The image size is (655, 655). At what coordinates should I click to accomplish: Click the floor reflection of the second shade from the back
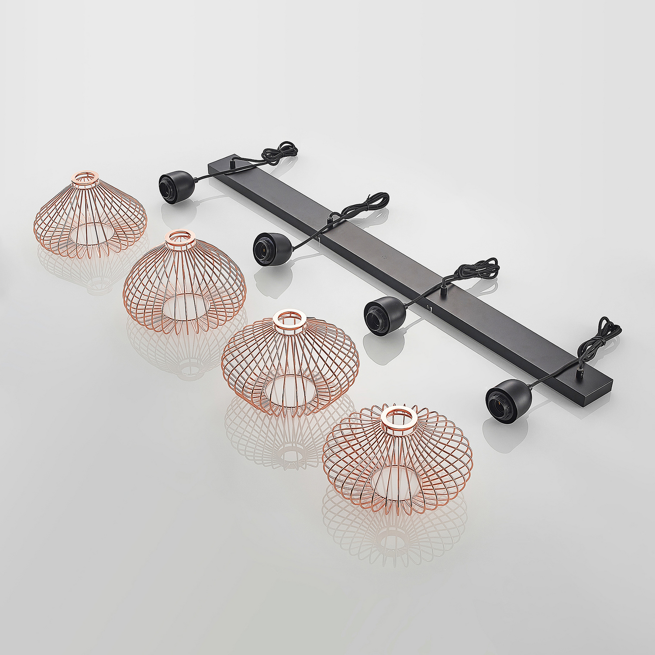click(186, 349)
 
